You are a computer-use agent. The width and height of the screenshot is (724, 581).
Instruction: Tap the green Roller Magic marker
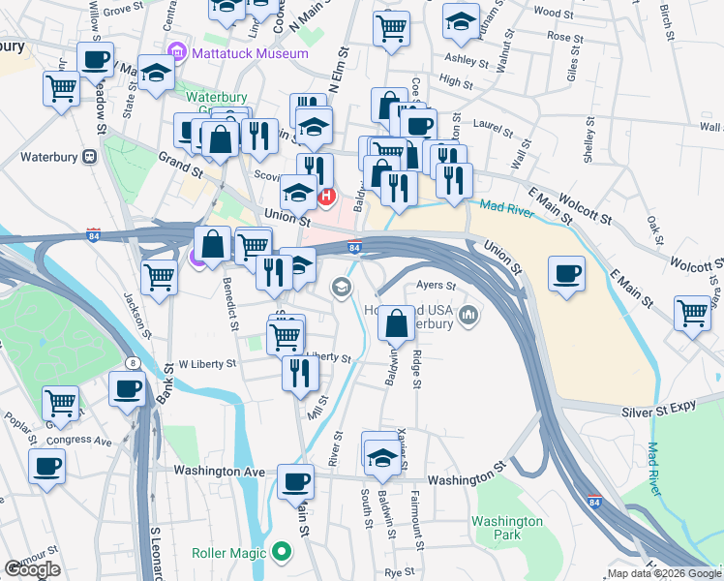tap(282, 553)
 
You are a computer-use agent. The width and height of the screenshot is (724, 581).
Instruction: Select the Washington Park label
tap(507, 528)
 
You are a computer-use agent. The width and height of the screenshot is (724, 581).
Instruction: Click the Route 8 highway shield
tap(131, 361)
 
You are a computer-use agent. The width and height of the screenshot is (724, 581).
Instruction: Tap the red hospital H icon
tap(326, 198)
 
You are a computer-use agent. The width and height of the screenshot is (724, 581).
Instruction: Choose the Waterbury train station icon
tap(89, 156)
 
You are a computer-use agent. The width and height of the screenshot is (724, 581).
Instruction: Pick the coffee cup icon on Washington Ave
tap(295, 480)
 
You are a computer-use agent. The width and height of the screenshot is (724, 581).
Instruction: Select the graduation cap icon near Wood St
tap(461, 20)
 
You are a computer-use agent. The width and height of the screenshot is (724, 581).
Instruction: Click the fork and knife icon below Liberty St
tap(300, 372)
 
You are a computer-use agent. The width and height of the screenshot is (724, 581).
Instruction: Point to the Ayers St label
tap(435, 286)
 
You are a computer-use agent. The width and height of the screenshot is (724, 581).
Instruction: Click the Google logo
tap(32, 569)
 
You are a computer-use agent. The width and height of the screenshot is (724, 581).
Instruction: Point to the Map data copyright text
tap(663, 573)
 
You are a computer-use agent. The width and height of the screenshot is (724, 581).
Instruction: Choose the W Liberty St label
tap(207, 364)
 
